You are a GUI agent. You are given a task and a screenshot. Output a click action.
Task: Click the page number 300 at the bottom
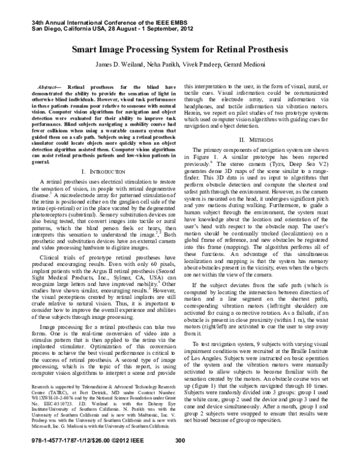pos(179,457)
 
